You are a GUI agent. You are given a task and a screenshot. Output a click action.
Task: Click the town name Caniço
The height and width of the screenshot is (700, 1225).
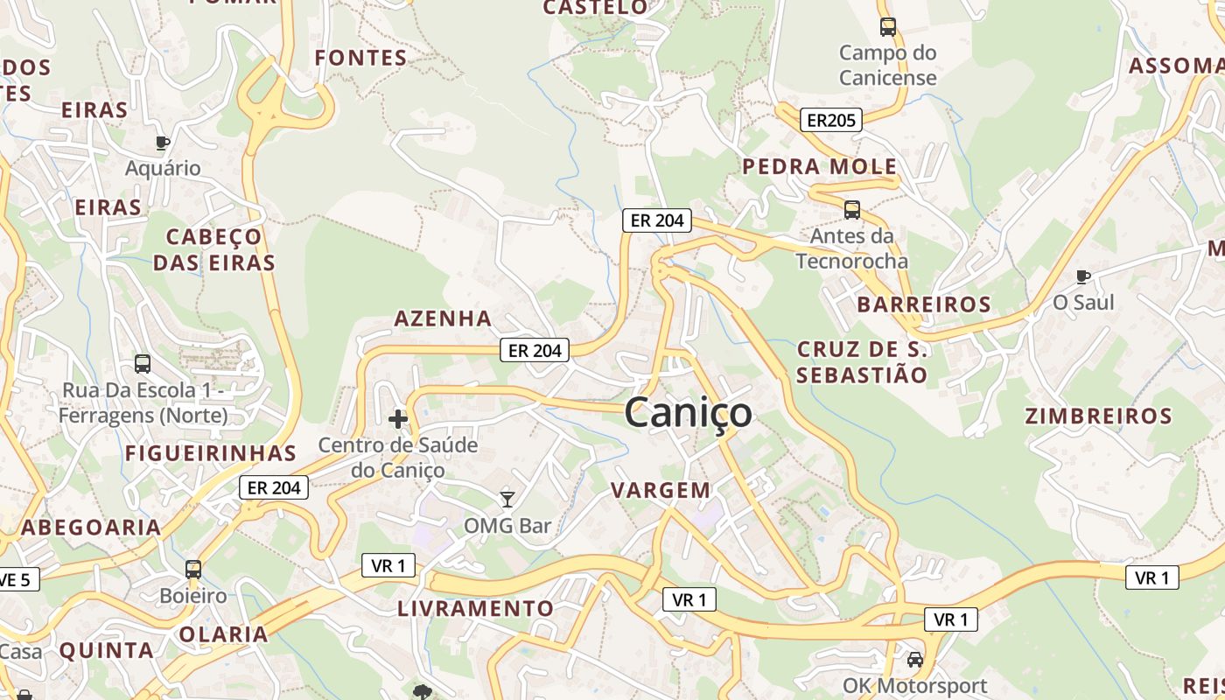point(689,413)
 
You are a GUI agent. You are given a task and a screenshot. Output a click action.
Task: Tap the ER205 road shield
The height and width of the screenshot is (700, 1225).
point(831,120)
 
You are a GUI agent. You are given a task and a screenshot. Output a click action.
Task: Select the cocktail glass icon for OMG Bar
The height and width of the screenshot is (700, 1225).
point(507,499)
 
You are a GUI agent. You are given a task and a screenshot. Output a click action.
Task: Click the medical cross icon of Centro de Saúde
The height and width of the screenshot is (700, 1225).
point(398,419)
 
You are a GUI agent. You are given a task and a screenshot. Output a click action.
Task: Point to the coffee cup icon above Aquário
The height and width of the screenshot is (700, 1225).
point(162,143)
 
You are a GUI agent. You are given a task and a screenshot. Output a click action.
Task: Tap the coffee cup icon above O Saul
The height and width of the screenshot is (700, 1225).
point(1083,277)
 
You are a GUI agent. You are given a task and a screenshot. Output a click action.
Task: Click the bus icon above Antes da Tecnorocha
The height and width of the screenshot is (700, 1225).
point(851,210)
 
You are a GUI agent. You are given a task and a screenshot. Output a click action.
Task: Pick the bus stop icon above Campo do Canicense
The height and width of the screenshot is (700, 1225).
point(888,27)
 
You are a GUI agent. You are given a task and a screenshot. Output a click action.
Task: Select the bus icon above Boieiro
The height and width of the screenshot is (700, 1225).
point(193,570)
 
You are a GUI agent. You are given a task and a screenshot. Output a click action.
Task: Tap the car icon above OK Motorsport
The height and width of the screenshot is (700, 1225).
point(915,660)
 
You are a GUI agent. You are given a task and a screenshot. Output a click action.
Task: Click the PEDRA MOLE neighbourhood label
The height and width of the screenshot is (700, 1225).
point(820,166)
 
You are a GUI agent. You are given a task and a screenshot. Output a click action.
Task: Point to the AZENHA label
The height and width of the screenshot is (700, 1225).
point(443,318)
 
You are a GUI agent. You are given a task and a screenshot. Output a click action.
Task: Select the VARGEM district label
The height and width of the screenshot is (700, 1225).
point(661,490)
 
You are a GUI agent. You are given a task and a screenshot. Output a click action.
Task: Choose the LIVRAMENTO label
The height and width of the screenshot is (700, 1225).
point(476,608)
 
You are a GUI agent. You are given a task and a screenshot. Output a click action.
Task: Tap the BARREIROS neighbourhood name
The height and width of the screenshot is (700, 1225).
point(924,304)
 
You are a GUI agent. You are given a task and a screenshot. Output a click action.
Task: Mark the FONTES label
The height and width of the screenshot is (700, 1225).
point(360,58)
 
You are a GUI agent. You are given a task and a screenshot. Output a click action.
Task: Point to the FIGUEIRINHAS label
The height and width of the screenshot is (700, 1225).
point(211,453)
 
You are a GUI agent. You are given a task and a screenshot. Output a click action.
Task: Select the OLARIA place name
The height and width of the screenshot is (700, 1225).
point(223,634)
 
